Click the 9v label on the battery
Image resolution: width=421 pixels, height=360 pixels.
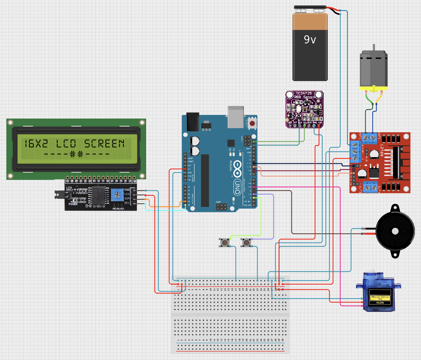click(x=310, y=40)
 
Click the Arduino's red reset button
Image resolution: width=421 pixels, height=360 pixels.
click(x=252, y=123)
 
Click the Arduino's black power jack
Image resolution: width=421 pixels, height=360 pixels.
click(x=192, y=121)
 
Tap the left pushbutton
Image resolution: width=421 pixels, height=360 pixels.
click(x=224, y=242)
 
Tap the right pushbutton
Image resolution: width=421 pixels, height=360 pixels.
click(x=246, y=242)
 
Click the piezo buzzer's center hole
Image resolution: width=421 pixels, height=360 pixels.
click(x=395, y=231)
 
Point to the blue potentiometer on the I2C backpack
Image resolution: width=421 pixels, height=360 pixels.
click(x=117, y=194)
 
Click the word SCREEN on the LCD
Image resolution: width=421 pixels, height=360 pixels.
click(x=104, y=144)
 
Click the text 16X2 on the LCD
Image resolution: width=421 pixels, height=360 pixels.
click(x=36, y=144)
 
